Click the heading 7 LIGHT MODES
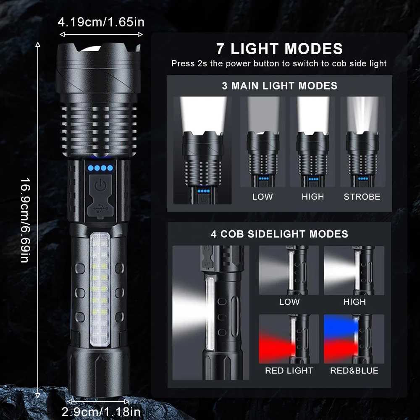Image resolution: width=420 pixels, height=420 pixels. pos(279,49)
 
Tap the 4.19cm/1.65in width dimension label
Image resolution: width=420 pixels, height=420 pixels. pos(101,22)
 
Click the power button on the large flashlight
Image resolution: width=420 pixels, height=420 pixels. pos(99,185)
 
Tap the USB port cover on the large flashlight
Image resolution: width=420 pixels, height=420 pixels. pos(99,207)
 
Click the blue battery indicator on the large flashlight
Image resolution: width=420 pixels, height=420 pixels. pos(100,168)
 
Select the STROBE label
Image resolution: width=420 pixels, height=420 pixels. pos(362,197)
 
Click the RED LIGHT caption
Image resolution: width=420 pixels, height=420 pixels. pos(289,370)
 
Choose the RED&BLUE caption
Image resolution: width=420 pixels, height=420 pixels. pos(354,370)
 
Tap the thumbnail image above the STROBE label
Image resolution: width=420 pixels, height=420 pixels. pos(362,142)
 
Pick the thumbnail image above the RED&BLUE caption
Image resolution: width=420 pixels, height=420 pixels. pos(354,339)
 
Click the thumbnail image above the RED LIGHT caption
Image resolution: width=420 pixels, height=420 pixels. pos(289,339)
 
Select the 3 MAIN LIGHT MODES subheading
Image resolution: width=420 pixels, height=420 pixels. pos(279,86)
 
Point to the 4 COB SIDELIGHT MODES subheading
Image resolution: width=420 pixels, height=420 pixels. pos(279,234)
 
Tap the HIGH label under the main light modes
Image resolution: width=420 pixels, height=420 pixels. pos(312,197)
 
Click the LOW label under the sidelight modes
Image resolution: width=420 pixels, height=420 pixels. pos(289,302)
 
